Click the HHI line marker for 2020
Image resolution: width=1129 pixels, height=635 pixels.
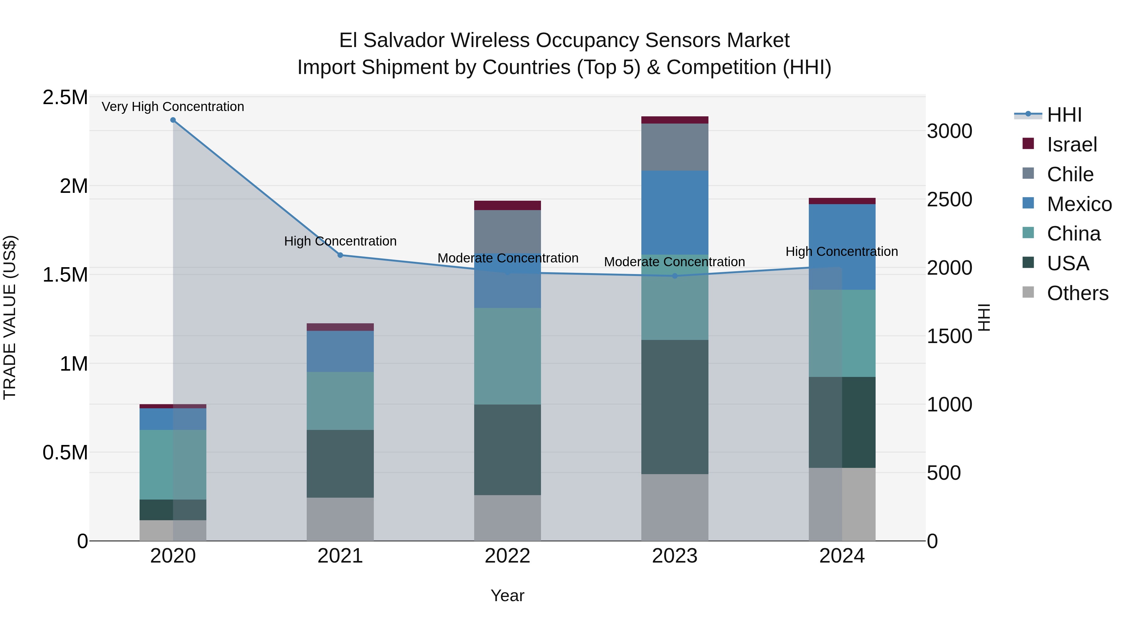pyautogui.click(x=173, y=120)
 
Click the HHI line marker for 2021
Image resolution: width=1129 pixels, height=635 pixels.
pyautogui.click(x=340, y=255)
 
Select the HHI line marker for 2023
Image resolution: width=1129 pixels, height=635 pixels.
pyautogui.click(x=675, y=276)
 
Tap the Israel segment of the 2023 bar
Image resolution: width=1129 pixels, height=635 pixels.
pyautogui.click(x=675, y=120)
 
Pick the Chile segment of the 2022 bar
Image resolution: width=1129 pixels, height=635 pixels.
pyautogui.click(x=507, y=231)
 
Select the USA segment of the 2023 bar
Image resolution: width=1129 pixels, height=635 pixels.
pyautogui.click(x=675, y=407)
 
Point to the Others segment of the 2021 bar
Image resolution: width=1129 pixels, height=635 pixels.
pyautogui.click(x=340, y=519)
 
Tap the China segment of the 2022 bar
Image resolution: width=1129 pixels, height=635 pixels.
pyautogui.click(x=507, y=356)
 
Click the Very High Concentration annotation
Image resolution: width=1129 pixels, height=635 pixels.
pyautogui.click(x=173, y=107)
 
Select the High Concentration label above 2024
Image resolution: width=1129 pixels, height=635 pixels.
pyautogui.click(x=841, y=251)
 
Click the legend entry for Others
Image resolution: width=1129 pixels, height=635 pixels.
pyautogui.click(x=1077, y=293)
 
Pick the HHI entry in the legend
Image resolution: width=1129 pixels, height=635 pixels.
pyautogui.click(x=1064, y=115)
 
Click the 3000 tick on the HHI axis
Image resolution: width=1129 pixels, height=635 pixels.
pyautogui.click(x=949, y=131)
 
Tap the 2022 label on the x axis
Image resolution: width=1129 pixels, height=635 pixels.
pyautogui.click(x=507, y=556)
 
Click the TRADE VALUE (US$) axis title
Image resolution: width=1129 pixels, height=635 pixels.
pyautogui.click(x=10, y=317)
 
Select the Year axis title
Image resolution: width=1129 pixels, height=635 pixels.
pyautogui.click(x=507, y=595)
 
